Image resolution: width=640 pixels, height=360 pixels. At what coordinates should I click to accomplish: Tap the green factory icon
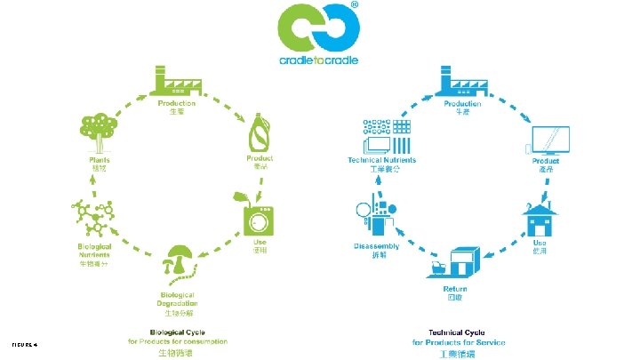click(x=177, y=83)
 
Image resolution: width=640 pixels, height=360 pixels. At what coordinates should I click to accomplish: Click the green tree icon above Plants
click(x=99, y=132)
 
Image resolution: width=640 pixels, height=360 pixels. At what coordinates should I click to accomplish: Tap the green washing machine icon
click(x=258, y=215)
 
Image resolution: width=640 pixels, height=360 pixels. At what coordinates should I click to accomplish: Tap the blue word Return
click(x=455, y=289)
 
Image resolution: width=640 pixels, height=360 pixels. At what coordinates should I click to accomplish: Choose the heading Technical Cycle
click(x=459, y=332)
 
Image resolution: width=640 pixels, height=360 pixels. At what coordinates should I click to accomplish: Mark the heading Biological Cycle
click(x=178, y=332)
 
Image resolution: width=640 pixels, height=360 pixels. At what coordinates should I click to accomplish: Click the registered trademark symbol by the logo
click(x=356, y=5)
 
